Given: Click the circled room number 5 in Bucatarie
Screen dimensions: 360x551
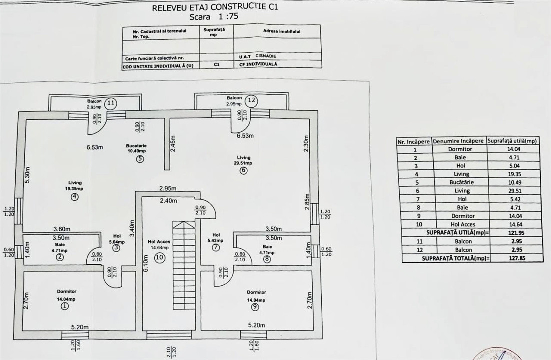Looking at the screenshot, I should point(140,160).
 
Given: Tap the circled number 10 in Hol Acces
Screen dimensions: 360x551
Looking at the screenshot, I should point(159,258).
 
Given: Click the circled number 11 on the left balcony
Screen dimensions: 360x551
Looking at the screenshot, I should point(111,103).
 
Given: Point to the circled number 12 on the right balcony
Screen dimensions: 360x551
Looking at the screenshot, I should point(252,100).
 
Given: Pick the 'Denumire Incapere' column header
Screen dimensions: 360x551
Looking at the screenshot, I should point(458,141).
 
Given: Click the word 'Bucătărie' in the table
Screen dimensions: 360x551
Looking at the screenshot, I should point(458,182).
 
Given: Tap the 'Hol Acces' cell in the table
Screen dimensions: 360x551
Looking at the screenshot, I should point(458,224).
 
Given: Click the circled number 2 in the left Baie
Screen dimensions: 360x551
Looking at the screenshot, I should point(59,257).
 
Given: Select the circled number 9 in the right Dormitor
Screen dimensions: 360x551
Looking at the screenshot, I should point(255,307).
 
